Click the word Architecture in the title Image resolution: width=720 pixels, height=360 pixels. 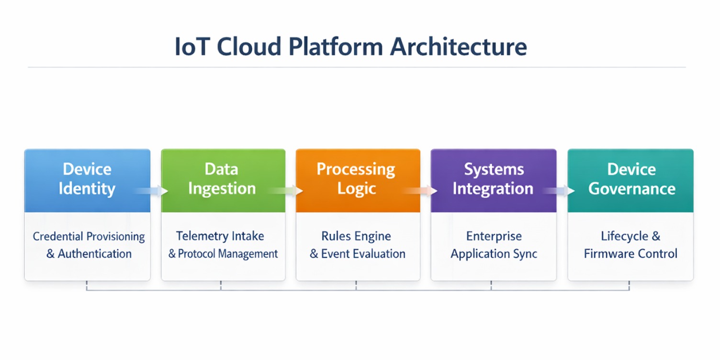coord(458,47)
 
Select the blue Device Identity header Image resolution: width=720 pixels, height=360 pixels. coord(87,179)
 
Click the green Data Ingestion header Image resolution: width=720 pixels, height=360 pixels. coord(222,179)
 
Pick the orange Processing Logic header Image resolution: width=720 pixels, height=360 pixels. coord(356,179)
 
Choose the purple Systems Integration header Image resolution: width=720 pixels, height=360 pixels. coord(493,179)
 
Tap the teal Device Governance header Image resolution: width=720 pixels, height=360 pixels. coord(631,179)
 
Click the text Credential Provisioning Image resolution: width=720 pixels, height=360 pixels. coord(89,236)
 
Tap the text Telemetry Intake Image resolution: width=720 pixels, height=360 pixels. coord(220,236)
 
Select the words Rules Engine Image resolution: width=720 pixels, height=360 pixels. coord(356,236)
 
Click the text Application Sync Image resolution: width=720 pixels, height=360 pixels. coord(494,254)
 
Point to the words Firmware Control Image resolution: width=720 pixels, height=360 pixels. coord(630,254)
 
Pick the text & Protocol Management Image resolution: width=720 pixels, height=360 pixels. coord(223,254)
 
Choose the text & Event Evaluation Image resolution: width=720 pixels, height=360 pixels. coord(358,254)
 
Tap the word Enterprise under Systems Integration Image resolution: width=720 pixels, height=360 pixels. coord(494,236)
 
